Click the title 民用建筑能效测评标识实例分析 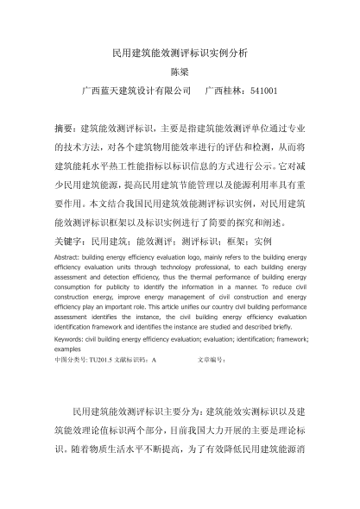180,53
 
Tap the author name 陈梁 180,72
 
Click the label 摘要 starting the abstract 65,127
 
